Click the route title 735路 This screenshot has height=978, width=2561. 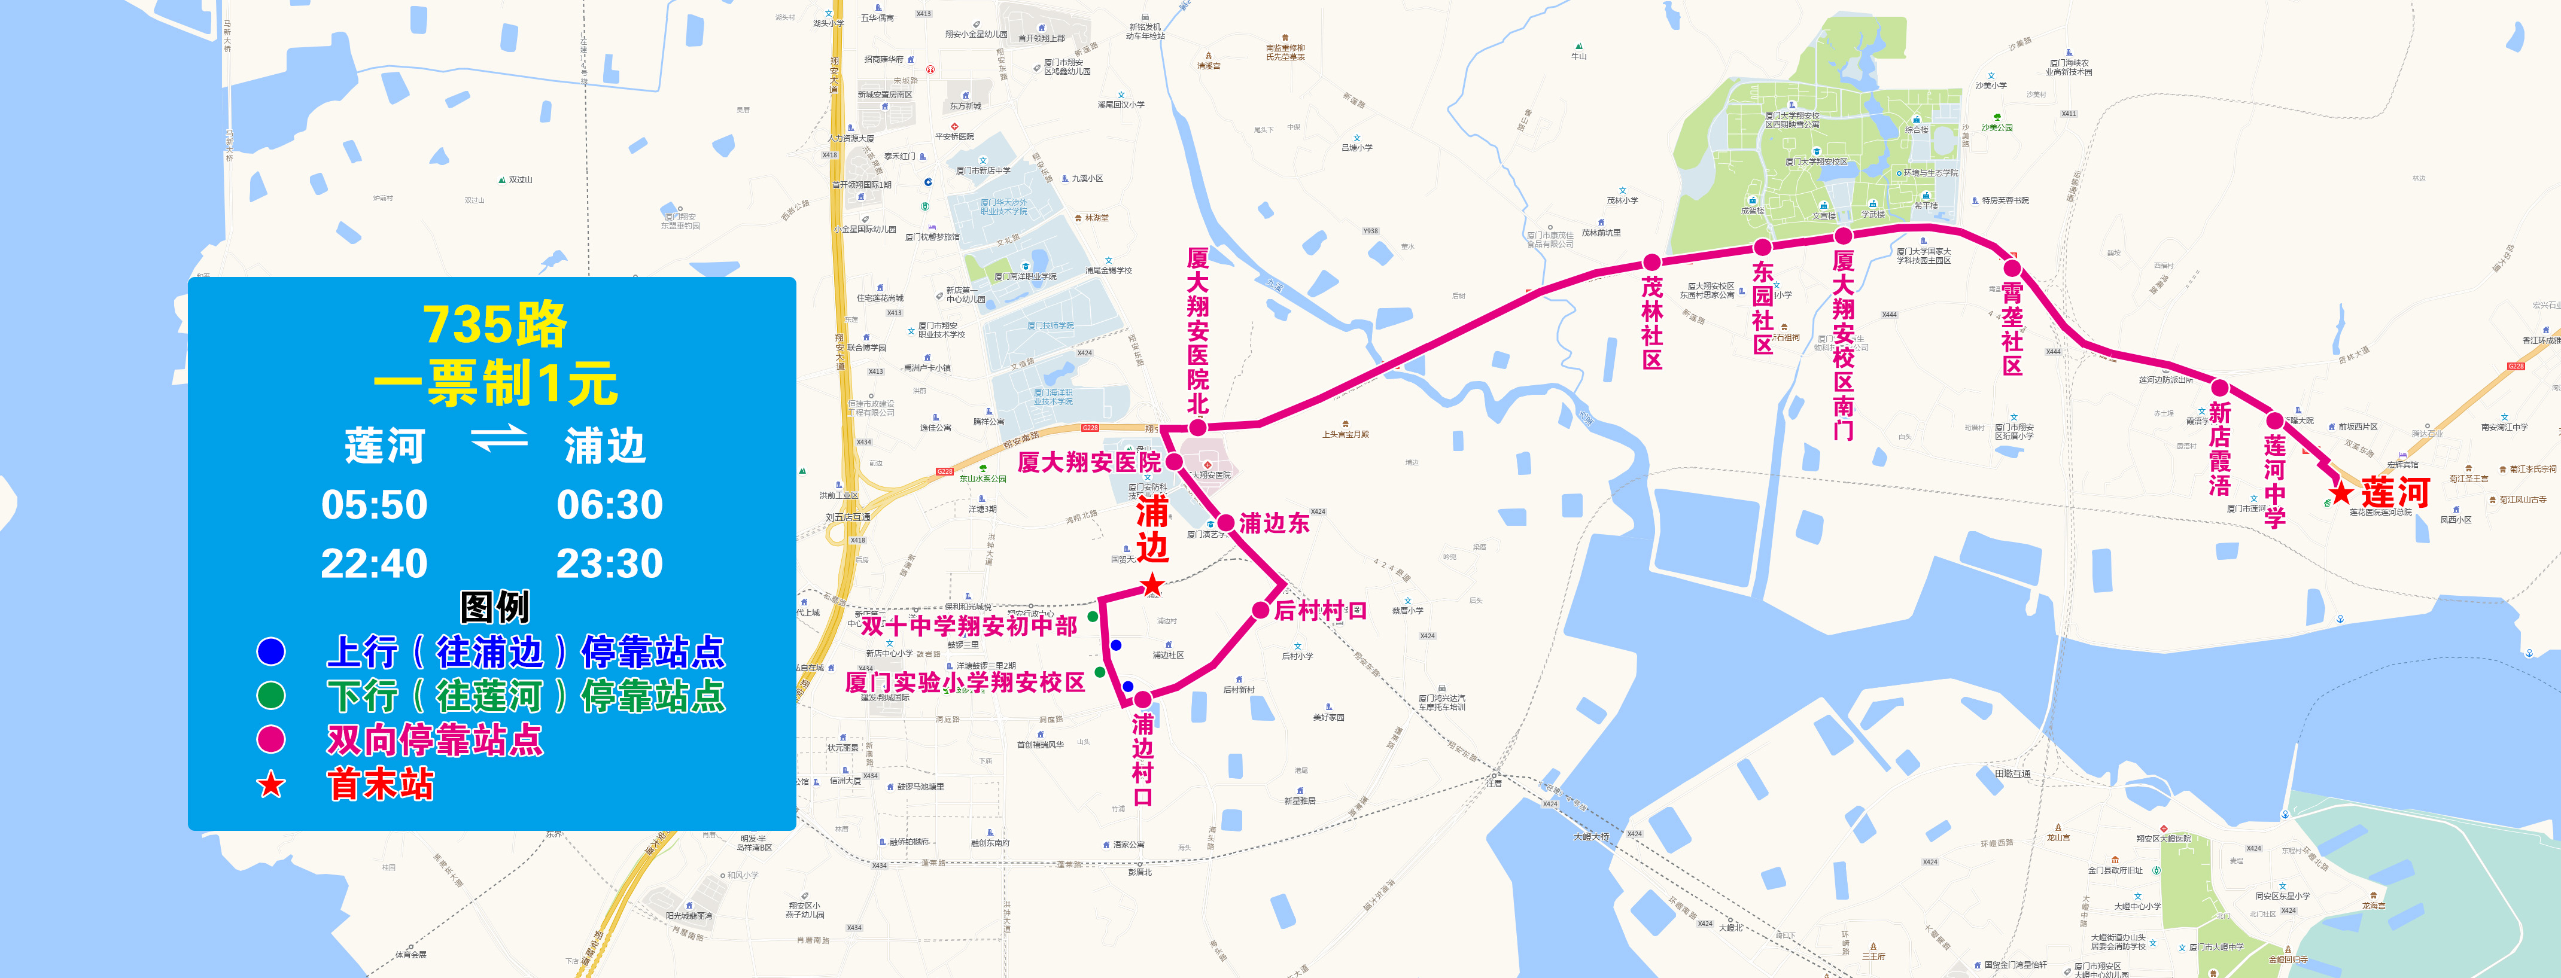pyautogui.click(x=494, y=324)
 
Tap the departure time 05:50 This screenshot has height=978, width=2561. pyautogui.click(x=374, y=505)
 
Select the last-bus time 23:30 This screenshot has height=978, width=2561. pyautogui.click(x=609, y=563)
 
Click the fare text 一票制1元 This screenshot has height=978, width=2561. pyautogui.click(x=495, y=383)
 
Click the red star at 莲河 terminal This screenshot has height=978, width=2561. pyautogui.click(x=2342, y=492)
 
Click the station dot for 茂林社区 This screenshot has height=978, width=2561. pyautogui.click(x=1651, y=263)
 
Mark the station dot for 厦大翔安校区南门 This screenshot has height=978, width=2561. pyautogui.click(x=1843, y=236)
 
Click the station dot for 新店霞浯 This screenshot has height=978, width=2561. pyautogui.click(x=2219, y=388)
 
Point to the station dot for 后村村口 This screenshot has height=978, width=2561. pyautogui.click(x=1260, y=610)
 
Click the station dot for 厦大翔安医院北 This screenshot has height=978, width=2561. pyautogui.click(x=1198, y=427)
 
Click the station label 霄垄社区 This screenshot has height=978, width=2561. pyautogui.click(x=2012, y=328)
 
